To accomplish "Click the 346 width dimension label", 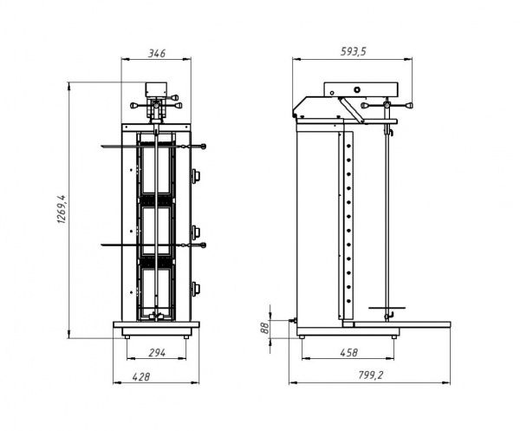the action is (x=156, y=53).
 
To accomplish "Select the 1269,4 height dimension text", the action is (x=62, y=209).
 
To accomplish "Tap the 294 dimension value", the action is (x=157, y=353).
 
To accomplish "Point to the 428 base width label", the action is (x=141, y=377).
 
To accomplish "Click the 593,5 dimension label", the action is (x=354, y=51).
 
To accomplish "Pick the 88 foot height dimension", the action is (x=264, y=329).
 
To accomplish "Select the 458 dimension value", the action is (x=349, y=352).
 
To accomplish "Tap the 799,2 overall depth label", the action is (x=370, y=375).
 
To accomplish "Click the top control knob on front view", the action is (x=196, y=175).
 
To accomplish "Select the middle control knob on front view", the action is (x=196, y=232).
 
